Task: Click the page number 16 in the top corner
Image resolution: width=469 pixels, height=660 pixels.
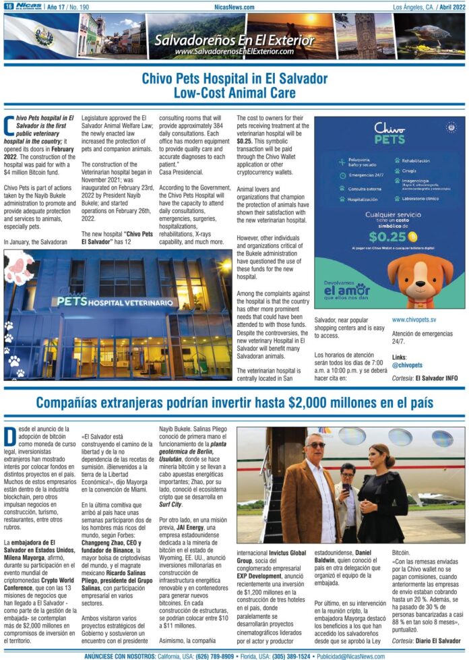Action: coord(7,7)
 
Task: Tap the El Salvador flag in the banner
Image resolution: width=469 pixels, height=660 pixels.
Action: coord(40,36)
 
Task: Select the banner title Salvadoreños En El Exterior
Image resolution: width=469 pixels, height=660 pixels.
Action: coord(234,40)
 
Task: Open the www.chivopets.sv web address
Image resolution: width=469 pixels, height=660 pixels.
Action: coord(414,319)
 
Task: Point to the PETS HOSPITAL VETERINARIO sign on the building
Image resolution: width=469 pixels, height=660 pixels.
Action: coord(115,303)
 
